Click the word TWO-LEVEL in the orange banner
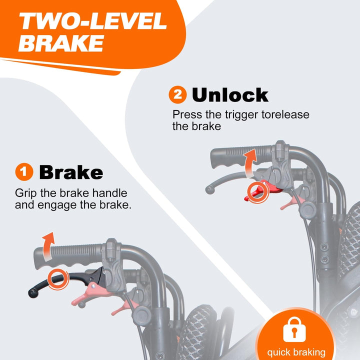[x=93, y=21]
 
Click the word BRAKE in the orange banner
[x=61, y=43]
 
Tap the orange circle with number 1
[x=24, y=171]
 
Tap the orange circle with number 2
[x=177, y=94]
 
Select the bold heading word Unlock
[x=230, y=95]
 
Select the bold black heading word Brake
[x=71, y=172]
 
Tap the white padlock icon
[x=294, y=329]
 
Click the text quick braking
[x=296, y=352]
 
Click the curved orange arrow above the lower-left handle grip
[x=48, y=246]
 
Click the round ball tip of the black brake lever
[x=33, y=293]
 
